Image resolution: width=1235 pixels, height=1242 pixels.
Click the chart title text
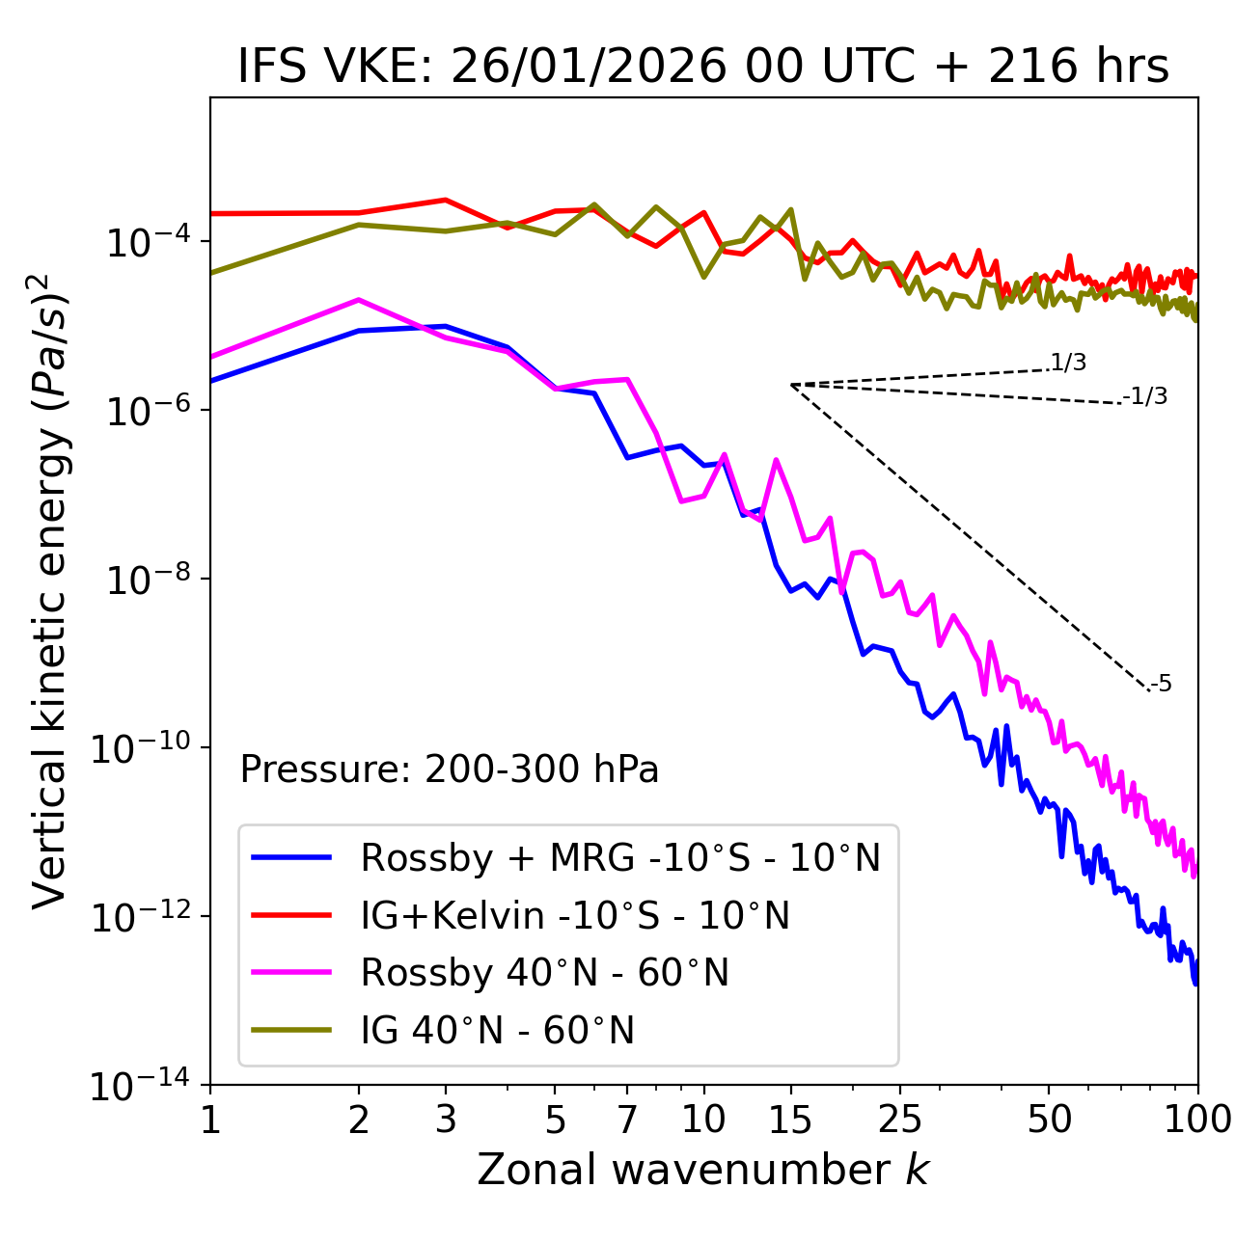point(703,67)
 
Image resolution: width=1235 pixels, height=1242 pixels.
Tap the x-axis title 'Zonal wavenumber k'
point(703,1170)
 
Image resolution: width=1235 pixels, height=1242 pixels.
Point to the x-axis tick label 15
point(790,1120)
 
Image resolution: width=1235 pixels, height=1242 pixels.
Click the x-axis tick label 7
point(627,1120)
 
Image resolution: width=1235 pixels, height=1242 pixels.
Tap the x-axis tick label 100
point(1196,1120)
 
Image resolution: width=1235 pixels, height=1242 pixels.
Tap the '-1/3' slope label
point(1145,395)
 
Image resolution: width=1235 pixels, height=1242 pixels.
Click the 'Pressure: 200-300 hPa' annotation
point(450,769)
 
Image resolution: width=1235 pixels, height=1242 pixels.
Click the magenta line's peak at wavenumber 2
point(359,300)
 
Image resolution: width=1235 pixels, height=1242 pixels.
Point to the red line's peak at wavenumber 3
point(445,200)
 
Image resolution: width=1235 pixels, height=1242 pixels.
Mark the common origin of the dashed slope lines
point(791,385)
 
